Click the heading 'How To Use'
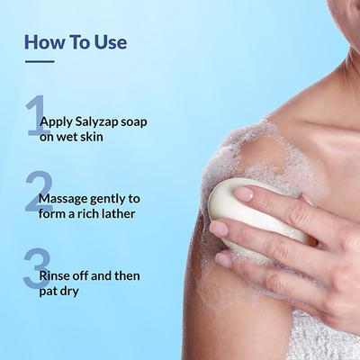click(x=76, y=42)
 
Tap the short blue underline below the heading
click(x=39, y=62)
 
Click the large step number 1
click(x=36, y=114)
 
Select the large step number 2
click(x=37, y=191)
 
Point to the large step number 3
click(x=35, y=268)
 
